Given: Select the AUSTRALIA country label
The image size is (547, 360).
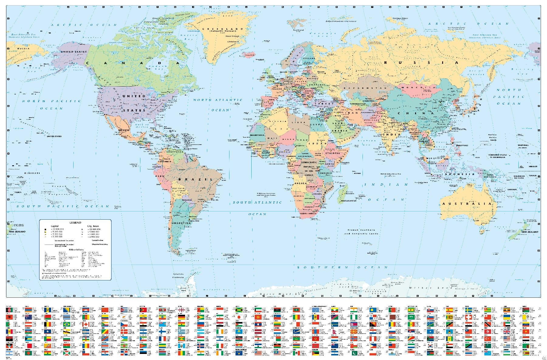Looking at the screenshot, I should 466,204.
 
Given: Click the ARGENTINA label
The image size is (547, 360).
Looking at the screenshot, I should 181,223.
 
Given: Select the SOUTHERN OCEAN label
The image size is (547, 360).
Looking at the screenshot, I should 342,267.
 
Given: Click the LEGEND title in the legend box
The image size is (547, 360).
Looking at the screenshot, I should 75,223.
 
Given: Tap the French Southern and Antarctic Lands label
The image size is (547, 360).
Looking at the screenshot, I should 360,232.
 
